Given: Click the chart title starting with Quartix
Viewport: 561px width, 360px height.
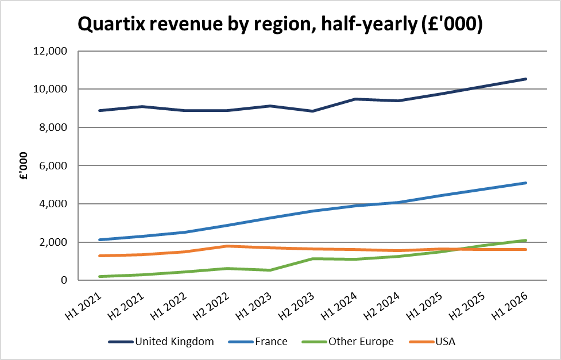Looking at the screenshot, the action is (x=280, y=24).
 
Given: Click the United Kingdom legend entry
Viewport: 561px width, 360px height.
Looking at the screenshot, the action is (x=161, y=342).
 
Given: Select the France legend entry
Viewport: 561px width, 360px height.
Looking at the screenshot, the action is (x=258, y=342).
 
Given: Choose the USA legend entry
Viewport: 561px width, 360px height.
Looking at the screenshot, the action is (x=432, y=342).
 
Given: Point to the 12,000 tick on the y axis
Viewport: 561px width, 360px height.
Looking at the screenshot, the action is (x=50, y=51).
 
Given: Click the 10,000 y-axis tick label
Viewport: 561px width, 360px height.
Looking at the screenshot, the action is (x=50, y=89).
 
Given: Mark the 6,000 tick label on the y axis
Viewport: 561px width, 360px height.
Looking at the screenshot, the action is (x=52, y=165).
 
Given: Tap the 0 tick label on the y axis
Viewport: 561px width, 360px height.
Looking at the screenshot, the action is (x=64, y=280).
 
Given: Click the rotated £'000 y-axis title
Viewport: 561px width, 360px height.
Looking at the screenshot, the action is (x=24, y=166).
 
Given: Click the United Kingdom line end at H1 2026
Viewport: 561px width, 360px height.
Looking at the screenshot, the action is (x=525, y=79).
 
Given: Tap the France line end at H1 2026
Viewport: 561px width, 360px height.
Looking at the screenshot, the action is (x=525, y=183).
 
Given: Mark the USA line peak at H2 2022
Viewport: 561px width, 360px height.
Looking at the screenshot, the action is (x=227, y=246).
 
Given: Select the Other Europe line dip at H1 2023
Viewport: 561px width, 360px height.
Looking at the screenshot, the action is (x=270, y=270).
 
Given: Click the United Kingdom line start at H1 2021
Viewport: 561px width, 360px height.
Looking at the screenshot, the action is (x=99, y=111).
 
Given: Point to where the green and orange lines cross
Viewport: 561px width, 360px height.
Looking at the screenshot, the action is (x=456, y=249).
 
